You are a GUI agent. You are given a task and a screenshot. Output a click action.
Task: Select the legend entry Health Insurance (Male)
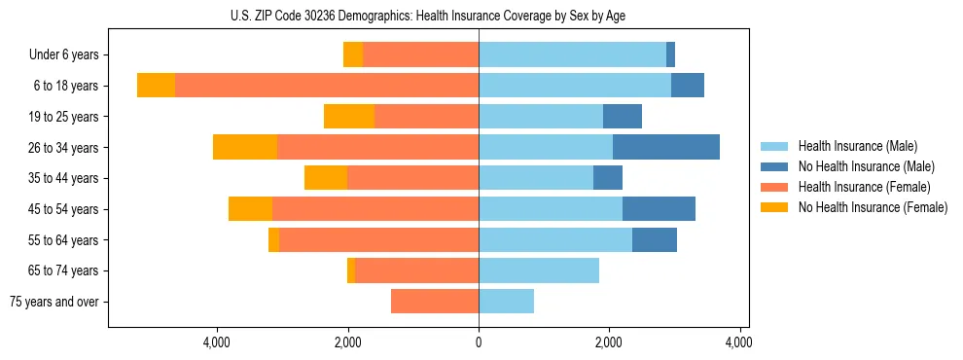pos(852,146)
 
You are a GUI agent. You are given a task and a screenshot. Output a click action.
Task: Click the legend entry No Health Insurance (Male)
pos(859,166)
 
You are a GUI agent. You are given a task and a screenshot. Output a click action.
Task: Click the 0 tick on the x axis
pos(479,342)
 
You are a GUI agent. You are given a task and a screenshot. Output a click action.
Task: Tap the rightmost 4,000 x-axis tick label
pos(738,342)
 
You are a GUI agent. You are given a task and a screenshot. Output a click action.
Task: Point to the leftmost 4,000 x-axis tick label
pos(217,342)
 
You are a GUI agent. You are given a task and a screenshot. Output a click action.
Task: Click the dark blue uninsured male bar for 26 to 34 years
pos(665,147)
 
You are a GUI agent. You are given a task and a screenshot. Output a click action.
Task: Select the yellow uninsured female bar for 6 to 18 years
pos(156,86)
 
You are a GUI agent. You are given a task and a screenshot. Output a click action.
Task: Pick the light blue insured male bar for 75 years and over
pos(506,302)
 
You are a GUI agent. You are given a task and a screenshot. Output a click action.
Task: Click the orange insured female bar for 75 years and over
pos(434,302)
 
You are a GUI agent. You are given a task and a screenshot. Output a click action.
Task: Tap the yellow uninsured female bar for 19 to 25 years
pos(349,117)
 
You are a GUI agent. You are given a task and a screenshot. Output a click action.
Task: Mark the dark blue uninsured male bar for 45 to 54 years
pos(659,209)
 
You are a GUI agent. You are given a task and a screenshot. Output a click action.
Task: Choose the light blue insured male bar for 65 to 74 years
pos(538,270)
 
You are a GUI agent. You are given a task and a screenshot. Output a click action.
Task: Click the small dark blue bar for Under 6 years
pos(670,55)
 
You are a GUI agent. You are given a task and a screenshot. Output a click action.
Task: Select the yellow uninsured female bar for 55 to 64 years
pos(273,239)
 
